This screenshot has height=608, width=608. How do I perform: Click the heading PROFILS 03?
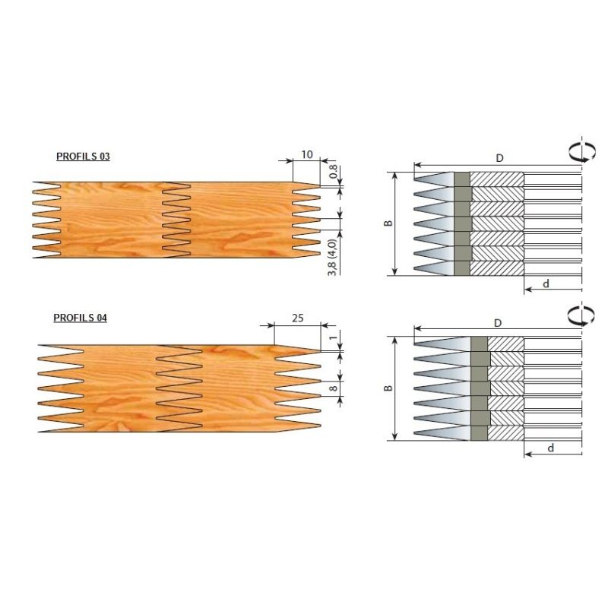coord(83,157)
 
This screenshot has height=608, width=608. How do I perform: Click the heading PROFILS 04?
coord(81,318)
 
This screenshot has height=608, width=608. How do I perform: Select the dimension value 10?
coord(307,154)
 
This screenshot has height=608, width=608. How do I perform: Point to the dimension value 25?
coord(297,318)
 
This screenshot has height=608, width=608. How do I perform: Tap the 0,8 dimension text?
coord(334,172)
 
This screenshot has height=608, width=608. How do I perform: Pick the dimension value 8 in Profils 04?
coord(334,388)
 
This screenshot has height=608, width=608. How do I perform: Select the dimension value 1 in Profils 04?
coord(334,337)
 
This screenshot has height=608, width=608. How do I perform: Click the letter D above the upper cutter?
coord(499,158)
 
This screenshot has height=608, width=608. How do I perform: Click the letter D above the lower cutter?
coord(498,322)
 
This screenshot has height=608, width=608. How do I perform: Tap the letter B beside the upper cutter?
coord(388,223)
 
